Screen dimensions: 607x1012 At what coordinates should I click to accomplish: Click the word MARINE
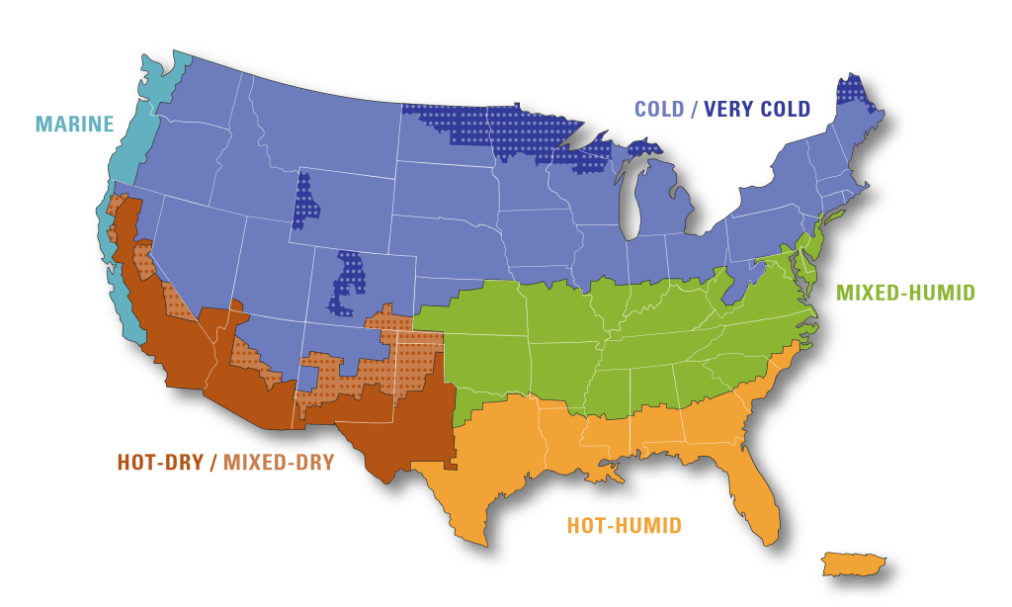[75, 125]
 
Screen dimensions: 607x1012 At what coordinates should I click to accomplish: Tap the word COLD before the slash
[659, 110]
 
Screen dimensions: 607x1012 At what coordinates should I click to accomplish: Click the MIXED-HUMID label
[905, 293]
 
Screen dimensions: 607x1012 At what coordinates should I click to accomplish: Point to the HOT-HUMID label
[624, 526]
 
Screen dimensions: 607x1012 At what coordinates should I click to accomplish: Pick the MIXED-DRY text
[279, 462]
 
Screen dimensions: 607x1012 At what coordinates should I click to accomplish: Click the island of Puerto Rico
[852, 564]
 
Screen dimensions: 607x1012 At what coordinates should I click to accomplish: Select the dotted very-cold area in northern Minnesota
[514, 129]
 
